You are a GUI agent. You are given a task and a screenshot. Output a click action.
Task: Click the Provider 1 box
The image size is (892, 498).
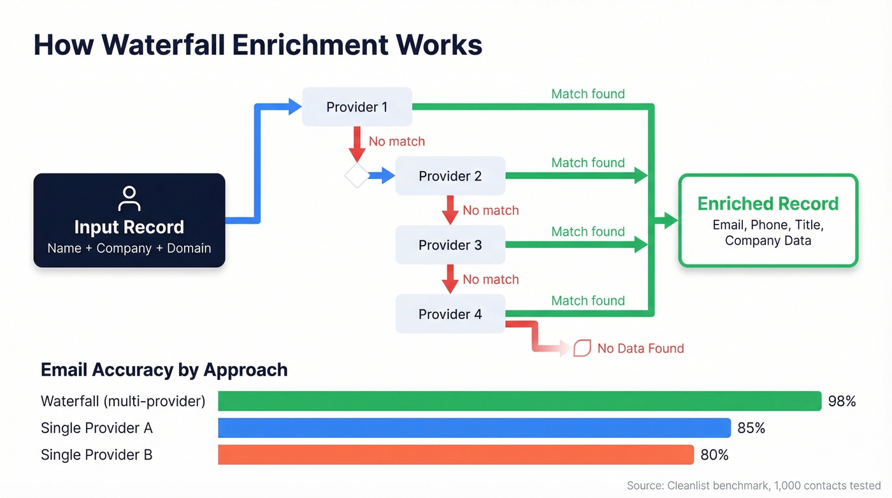click(357, 107)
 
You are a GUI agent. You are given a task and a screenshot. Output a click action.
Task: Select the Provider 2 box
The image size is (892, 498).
click(450, 176)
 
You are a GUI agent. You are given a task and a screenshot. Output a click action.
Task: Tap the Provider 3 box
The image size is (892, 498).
click(450, 245)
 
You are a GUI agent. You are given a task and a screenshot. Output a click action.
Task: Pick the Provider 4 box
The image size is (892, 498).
click(450, 314)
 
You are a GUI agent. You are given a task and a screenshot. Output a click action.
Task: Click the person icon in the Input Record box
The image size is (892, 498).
click(129, 198)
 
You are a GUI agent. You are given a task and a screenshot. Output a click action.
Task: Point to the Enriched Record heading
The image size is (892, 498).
click(768, 204)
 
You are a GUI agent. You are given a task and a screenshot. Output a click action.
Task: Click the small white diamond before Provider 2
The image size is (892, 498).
click(357, 176)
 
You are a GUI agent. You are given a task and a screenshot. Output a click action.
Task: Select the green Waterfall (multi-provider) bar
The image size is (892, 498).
click(519, 401)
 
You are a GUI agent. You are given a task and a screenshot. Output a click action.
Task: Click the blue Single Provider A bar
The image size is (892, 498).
click(474, 428)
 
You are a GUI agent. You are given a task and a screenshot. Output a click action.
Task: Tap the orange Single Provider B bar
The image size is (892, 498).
click(456, 455)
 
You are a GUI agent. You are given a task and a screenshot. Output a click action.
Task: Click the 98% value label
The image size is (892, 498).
click(842, 401)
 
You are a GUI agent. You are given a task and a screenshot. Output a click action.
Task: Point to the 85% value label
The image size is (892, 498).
click(751, 428)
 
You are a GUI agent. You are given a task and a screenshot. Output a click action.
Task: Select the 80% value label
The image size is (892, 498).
click(714, 455)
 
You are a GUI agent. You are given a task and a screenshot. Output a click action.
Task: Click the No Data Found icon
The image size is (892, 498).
click(582, 348)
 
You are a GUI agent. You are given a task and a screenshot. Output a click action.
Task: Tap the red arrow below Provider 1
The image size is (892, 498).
click(357, 144)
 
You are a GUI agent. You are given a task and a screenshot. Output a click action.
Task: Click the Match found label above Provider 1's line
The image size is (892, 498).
click(587, 94)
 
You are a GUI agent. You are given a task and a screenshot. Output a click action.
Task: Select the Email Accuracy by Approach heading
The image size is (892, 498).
click(164, 370)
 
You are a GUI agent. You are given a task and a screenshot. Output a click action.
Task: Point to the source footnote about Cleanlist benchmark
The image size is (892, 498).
click(753, 485)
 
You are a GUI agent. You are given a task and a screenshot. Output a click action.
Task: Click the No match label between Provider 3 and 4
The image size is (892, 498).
click(491, 279)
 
